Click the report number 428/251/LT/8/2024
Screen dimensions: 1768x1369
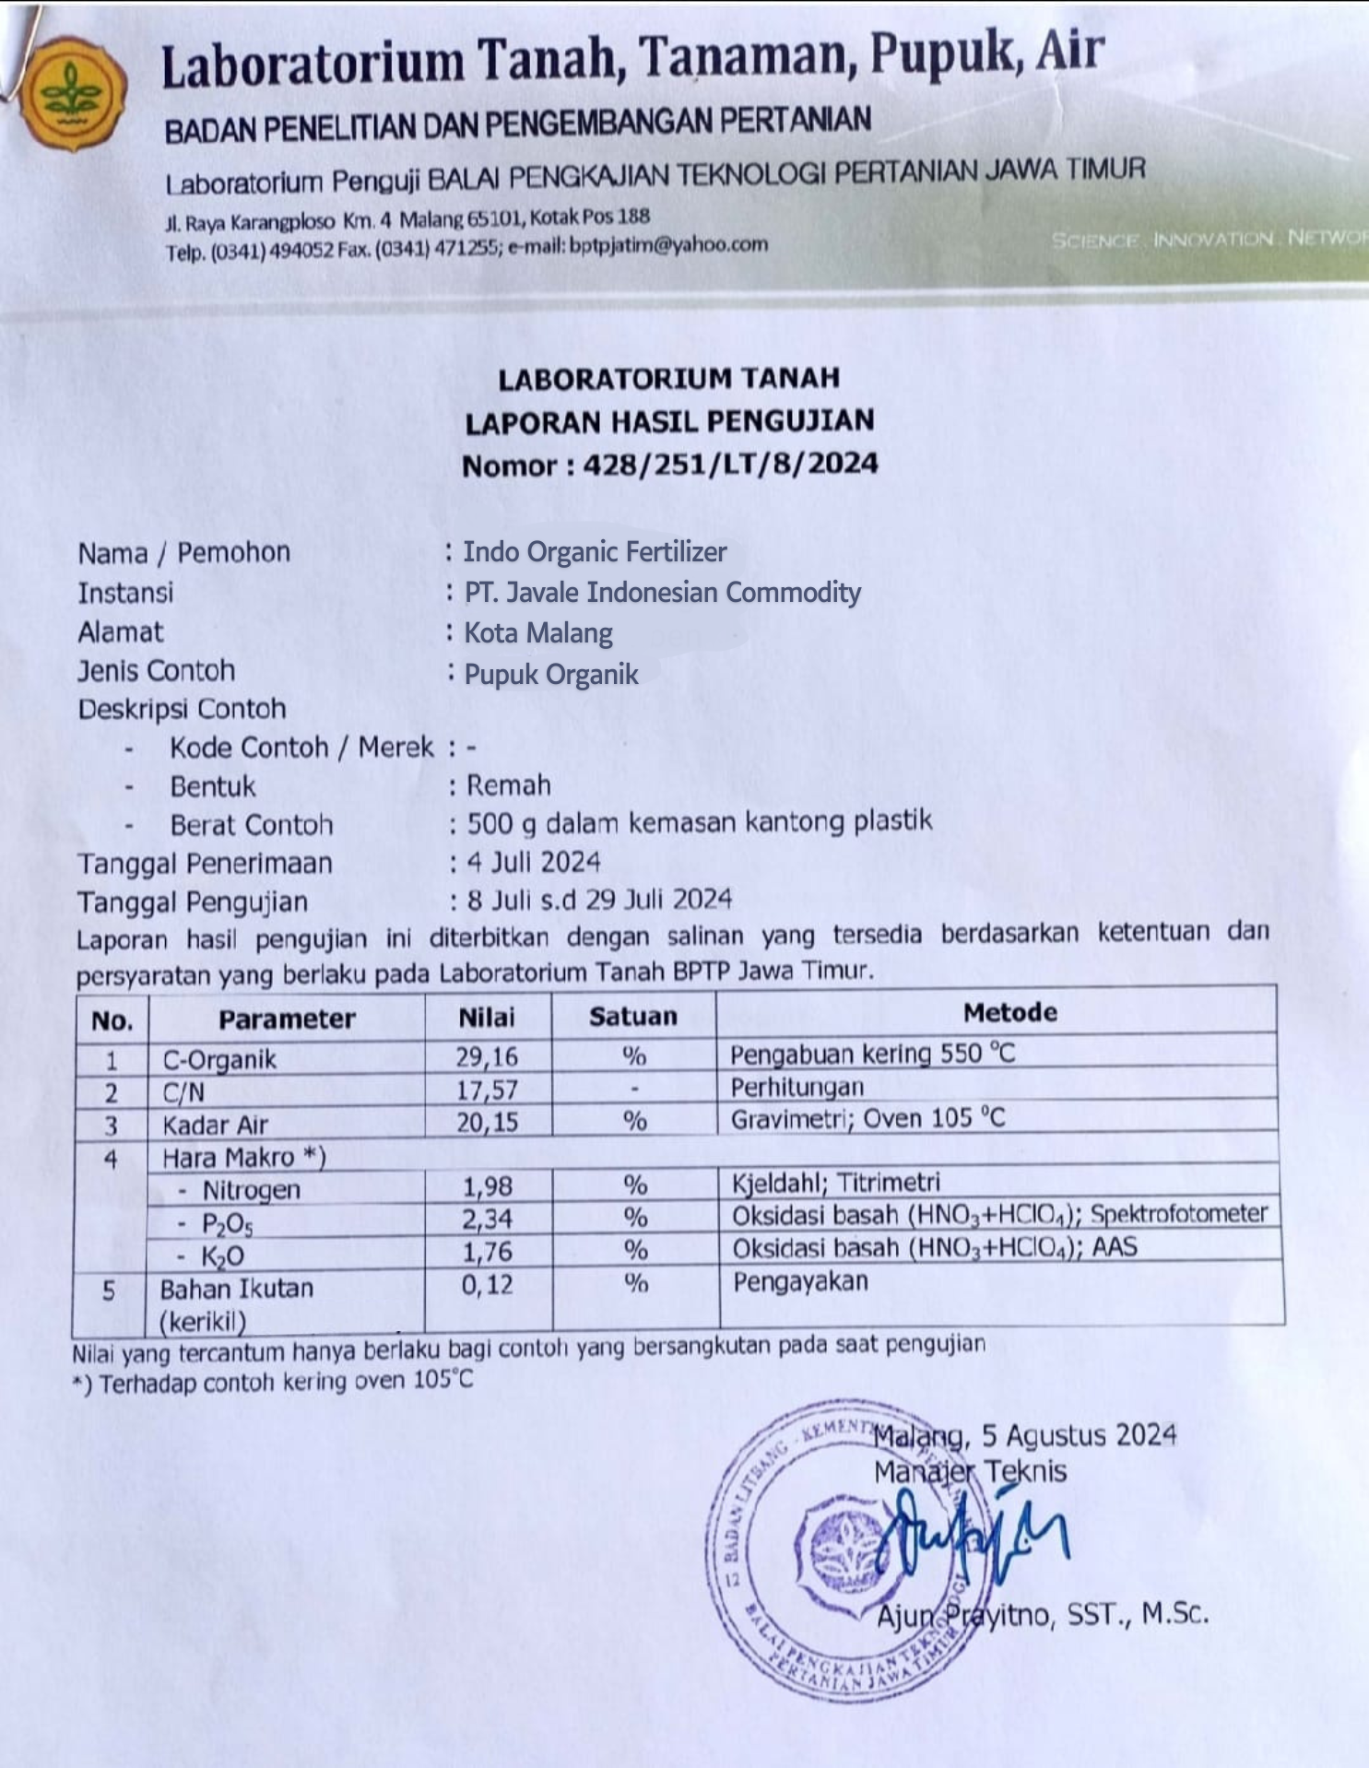point(729,464)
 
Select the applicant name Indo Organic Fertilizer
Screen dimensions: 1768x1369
point(595,552)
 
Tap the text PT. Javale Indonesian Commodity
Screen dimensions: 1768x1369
point(662,592)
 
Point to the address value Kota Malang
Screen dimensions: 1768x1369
point(538,633)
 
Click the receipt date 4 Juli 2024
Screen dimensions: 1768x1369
point(534,863)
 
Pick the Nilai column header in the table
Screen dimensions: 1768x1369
point(487,1017)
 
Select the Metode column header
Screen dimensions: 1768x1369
point(1009,1013)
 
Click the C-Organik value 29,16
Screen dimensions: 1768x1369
point(487,1056)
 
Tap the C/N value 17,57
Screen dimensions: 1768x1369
point(487,1090)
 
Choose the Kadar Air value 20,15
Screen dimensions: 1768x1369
point(487,1122)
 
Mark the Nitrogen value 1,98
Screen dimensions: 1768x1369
point(487,1186)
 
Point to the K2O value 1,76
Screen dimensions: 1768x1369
point(487,1252)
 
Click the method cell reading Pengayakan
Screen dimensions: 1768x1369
point(800,1281)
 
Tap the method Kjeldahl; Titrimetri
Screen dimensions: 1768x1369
point(835,1183)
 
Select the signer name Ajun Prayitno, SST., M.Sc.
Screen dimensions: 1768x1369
point(1042,1615)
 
